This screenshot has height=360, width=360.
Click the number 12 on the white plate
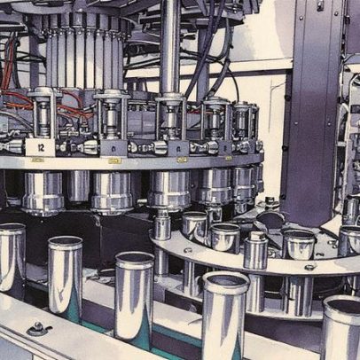click(41, 147)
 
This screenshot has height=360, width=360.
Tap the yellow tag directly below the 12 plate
click(37, 160)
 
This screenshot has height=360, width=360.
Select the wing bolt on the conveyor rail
click(38, 328)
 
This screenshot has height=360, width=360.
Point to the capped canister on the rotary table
click(255, 250)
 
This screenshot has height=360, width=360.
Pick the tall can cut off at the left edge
click(12, 256)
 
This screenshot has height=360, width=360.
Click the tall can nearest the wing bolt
click(66, 275)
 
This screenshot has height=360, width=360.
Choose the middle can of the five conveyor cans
click(135, 296)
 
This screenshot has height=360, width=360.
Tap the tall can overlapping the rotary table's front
click(225, 315)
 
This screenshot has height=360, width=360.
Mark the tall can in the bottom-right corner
click(341, 327)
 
